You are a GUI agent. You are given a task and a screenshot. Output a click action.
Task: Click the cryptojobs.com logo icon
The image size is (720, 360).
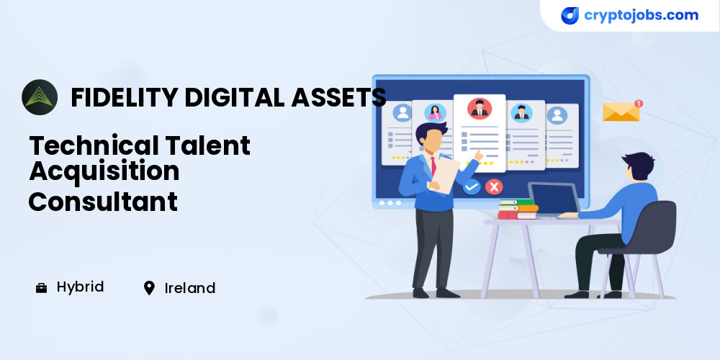click(x=570, y=16)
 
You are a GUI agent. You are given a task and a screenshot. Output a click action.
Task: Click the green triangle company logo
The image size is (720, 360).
click(x=40, y=97)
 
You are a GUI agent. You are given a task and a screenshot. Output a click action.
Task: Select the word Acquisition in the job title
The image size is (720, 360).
click(x=104, y=171)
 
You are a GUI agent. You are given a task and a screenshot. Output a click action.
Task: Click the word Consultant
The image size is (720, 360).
click(x=103, y=201)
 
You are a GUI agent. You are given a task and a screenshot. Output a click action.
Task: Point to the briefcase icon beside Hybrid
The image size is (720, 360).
click(x=41, y=289)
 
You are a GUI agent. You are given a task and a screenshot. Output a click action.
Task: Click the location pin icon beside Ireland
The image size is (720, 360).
click(x=149, y=288)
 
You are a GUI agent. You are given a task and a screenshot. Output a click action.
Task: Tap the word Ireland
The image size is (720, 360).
click(x=189, y=289)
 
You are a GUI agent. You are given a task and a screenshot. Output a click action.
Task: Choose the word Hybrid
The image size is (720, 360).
click(x=81, y=287)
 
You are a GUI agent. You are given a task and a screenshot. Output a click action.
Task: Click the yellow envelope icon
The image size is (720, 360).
click(x=621, y=112)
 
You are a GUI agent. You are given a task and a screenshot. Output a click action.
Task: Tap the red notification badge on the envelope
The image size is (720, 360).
click(x=638, y=103)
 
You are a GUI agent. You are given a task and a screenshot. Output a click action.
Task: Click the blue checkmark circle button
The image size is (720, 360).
click(x=471, y=187)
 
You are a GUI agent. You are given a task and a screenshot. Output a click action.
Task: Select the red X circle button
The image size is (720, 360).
click(x=494, y=187)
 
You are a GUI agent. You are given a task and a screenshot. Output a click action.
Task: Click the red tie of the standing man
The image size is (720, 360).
click(x=433, y=166)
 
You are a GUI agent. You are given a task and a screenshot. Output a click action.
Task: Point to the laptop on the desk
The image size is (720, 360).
click(x=553, y=199)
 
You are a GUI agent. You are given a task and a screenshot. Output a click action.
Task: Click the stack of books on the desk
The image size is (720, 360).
click(x=518, y=209)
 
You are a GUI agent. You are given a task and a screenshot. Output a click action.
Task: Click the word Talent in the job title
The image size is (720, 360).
click(x=207, y=145)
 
